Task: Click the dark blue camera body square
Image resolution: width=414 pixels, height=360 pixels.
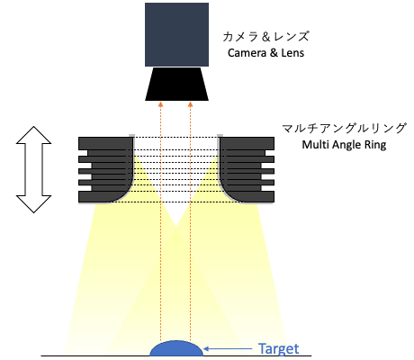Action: [176, 34]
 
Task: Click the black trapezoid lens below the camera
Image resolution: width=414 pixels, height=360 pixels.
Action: [176, 84]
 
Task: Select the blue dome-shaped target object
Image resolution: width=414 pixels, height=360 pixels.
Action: [176, 348]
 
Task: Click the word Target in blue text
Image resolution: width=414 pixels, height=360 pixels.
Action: [279, 349]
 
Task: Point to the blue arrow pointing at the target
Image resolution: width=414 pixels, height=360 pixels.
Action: [228, 348]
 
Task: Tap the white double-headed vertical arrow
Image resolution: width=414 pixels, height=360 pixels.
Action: [33, 169]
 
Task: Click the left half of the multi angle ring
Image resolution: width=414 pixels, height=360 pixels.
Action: [106, 169]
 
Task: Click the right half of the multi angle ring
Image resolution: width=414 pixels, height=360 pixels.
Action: [247, 169]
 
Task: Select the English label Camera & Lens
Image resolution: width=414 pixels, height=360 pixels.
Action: [265, 53]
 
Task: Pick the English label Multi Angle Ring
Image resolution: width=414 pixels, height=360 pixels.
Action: [344, 145]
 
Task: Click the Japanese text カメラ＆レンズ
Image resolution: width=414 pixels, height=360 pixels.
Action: [265, 37]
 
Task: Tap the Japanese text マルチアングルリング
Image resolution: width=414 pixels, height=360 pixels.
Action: [345, 129]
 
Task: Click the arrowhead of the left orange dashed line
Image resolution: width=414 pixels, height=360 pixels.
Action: [160, 104]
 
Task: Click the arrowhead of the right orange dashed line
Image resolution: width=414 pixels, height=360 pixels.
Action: [190, 104]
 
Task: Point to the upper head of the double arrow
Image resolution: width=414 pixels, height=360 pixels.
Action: [33, 135]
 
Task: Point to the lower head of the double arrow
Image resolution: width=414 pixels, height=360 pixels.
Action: [33, 204]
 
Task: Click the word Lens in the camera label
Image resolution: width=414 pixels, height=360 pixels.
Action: [292, 53]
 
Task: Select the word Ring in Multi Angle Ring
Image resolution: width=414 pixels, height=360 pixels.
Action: [375, 146]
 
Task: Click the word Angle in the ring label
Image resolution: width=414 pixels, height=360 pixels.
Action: [346, 146]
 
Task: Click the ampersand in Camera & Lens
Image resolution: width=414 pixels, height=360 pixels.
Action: [274, 53]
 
